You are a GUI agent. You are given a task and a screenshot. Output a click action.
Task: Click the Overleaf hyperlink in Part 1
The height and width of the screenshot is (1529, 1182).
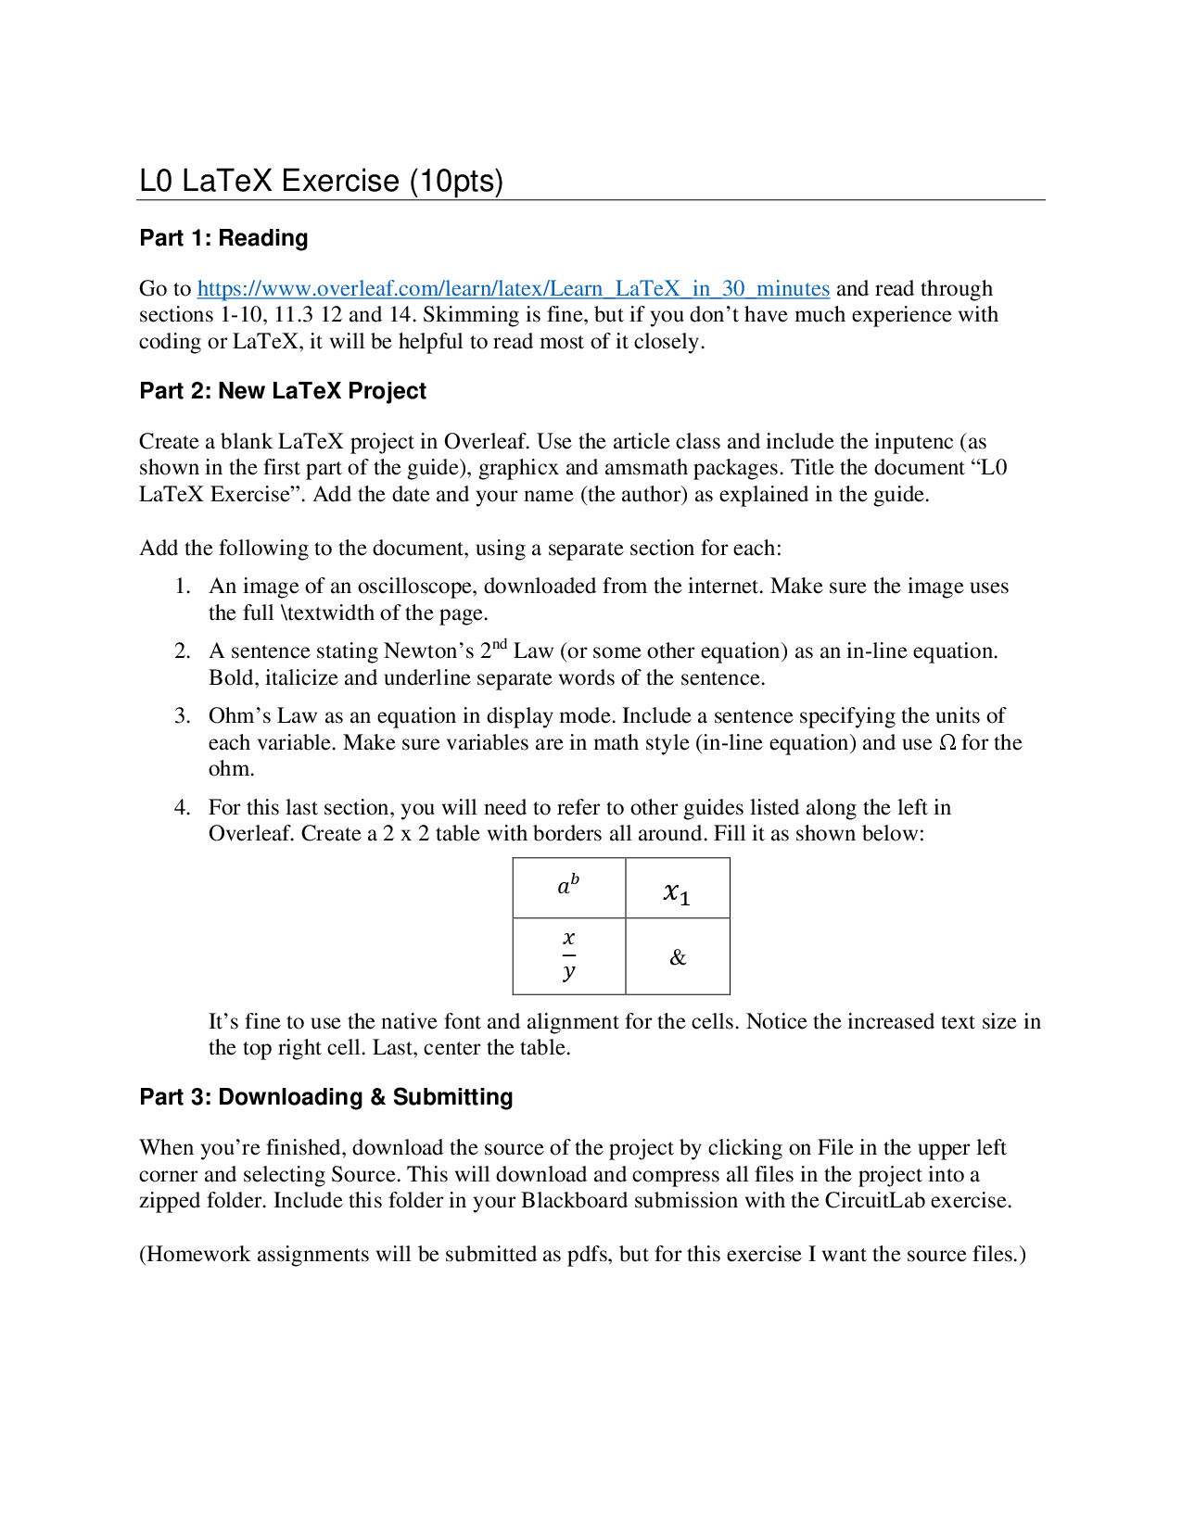coord(513,289)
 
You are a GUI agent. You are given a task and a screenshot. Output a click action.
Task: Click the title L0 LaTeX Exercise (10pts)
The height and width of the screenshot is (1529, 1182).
coord(321,181)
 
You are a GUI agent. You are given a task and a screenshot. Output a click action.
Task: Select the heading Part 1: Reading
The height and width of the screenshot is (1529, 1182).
coord(223,238)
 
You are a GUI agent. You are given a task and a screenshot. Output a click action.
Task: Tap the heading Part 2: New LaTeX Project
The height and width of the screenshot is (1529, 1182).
coord(283,391)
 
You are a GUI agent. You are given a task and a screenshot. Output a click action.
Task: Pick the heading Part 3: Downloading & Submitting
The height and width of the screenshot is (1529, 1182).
coord(326,1097)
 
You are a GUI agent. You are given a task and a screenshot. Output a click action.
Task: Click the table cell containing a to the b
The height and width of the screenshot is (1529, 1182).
coord(568,886)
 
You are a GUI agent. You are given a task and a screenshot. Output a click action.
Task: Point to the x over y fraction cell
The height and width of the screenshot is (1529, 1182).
coord(569,955)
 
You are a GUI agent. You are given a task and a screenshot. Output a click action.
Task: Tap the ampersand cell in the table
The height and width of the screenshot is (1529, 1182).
coord(678,957)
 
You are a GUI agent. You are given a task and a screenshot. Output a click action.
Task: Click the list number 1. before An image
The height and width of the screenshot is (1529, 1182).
coord(183,587)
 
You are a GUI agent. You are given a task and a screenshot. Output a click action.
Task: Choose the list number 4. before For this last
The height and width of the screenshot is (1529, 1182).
coord(183,808)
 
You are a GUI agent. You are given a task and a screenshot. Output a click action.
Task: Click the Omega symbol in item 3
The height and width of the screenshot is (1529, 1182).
coord(947,743)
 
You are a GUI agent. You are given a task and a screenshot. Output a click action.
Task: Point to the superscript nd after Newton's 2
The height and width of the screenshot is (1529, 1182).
coord(500,644)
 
